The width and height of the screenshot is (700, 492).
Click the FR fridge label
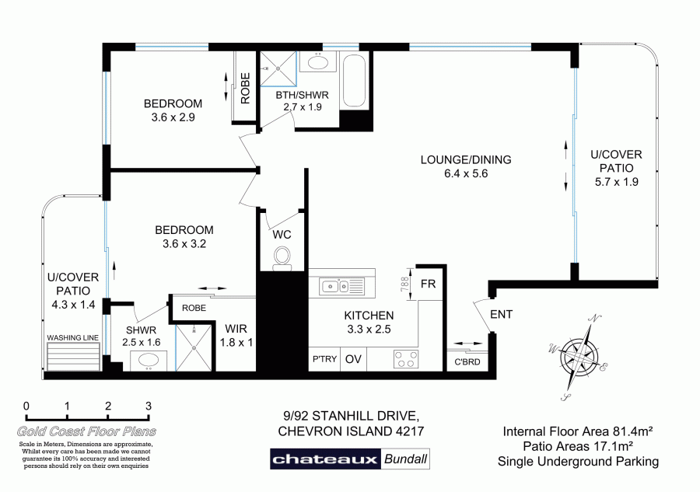(428, 284)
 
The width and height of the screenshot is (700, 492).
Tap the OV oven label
(353, 359)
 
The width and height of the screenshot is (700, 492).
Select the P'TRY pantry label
(324, 359)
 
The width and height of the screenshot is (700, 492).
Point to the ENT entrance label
(501, 315)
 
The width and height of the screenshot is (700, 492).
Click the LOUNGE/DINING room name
(466, 160)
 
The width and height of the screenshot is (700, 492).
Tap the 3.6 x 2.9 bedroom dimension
(173, 118)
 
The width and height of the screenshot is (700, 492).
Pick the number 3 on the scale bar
(148, 406)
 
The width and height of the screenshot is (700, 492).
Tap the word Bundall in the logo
(405, 459)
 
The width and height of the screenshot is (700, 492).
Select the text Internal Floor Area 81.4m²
(578, 431)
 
